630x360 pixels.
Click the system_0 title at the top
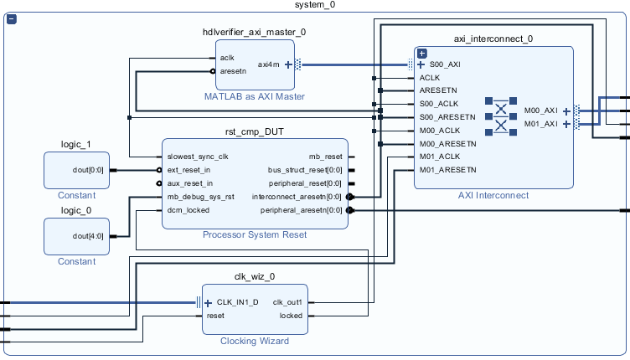click(315, 6)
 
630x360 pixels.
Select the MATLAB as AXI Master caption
click(255, 97)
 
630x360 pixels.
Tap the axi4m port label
click(269, 64)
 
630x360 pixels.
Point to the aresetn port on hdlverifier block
click(232, 72)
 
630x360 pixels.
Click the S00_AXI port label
click(444, 64)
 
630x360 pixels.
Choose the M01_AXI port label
click(540, 124)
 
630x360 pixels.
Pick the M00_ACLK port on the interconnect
click(440, 130)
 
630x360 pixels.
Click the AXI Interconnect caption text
click(493, 195)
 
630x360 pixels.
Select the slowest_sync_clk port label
click(198, 157)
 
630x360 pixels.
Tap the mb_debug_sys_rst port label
click(201, 197)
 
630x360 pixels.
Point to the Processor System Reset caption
click(255, 234)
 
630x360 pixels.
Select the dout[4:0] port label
click(89, 235)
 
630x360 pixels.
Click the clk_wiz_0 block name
click(255, 276)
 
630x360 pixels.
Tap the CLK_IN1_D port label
click(238, 302)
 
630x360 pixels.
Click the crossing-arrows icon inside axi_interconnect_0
click(501, 117)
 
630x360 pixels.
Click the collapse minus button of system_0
click(12, 19)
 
